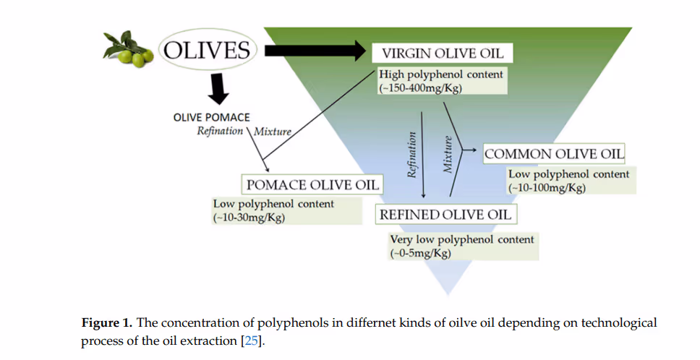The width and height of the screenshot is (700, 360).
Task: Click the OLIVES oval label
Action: (x=208, y=50)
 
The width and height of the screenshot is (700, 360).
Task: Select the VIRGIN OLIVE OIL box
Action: (x=442, y=53)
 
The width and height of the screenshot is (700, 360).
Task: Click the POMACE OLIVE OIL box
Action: (x=312, y=184)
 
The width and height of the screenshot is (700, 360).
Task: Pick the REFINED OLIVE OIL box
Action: (x=446, y=214)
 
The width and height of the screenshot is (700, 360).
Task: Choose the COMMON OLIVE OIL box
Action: (x=554, y=154)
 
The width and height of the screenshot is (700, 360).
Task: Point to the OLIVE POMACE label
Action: (x=212, y=116)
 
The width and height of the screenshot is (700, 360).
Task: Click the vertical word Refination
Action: (x=413, y=154)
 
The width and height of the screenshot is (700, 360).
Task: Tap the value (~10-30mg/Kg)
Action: (x=249, y=217)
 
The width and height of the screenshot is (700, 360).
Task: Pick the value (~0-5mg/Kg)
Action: (x=421, y=253)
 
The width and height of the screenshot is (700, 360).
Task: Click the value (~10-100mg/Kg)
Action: (x=547, y=187)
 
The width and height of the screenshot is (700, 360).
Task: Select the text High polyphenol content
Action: (x=441, y=74)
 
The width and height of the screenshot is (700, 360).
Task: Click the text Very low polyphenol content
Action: (x=462, y=239)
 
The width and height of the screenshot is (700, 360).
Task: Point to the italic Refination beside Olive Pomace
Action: (x=220, y=131)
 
